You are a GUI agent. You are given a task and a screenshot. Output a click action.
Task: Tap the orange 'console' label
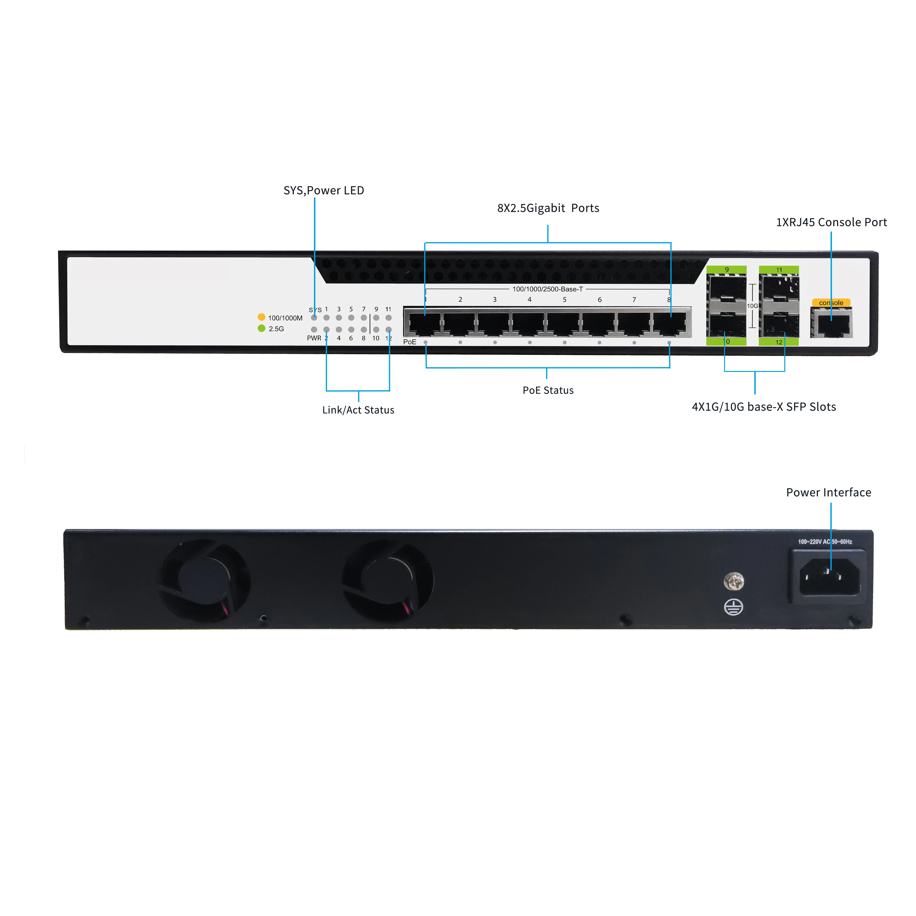[x=831, y=303]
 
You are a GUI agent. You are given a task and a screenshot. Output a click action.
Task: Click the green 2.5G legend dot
[x=261, y=328]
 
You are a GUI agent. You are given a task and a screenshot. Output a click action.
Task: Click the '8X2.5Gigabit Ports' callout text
[x=548, y=208]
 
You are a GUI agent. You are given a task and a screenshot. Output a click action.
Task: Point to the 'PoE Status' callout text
[x=548, y=390]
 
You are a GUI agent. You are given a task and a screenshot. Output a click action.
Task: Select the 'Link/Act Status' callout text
[x=358, y=410]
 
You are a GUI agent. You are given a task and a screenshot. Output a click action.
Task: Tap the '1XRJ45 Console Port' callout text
[x=831, y=222]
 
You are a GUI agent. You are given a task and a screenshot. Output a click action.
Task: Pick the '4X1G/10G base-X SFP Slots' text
[x=764, y=407]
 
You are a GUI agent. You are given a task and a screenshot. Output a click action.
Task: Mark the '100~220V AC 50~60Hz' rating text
[x=825, y=541]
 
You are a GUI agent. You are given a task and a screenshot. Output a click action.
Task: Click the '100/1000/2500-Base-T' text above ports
[x=548, y=289]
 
